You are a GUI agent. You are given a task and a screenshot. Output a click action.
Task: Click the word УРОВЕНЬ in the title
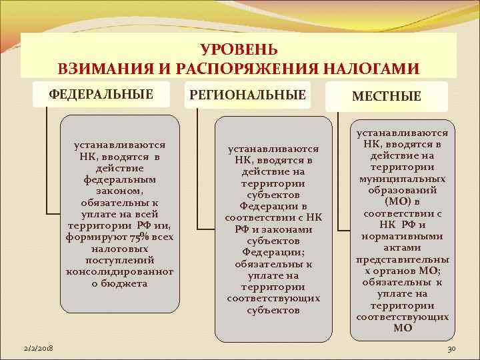239,50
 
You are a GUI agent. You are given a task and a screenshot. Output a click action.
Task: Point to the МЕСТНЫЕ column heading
387,97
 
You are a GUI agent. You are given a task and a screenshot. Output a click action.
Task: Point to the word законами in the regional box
286,229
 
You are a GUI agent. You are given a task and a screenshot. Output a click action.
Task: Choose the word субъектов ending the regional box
273,310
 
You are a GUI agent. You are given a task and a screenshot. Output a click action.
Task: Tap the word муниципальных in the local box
402,179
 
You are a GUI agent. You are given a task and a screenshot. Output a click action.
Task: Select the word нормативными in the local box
402,236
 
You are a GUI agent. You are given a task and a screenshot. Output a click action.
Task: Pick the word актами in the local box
402,247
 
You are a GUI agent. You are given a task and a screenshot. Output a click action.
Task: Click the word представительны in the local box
402,259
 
